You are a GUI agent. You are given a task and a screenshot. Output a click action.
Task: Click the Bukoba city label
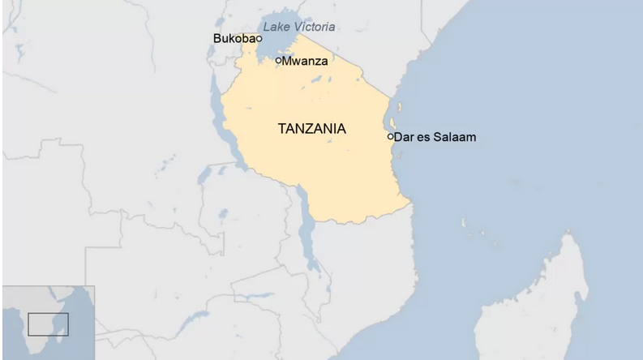coord(234,38)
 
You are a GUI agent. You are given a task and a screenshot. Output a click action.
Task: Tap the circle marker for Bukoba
coord(259,38)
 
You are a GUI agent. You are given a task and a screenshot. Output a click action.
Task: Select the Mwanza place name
coord(305,60)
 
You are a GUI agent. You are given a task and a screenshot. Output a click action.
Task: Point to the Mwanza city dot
coord(278,60)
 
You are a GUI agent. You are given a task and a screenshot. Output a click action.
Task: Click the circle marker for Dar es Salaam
coord(390,137)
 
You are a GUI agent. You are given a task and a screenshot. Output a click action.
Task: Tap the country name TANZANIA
coord(311,129)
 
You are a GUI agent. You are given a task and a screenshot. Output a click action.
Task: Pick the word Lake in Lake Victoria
coord(275,27)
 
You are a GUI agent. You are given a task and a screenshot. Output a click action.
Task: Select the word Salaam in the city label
coord(456,137)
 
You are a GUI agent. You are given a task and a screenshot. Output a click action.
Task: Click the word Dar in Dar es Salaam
coord(403,137)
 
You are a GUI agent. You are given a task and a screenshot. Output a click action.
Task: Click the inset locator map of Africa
coord(48,323)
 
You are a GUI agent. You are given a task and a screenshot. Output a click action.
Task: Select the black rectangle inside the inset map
coord(48,324)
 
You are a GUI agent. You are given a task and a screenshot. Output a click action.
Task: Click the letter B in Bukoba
coord(216,38)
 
